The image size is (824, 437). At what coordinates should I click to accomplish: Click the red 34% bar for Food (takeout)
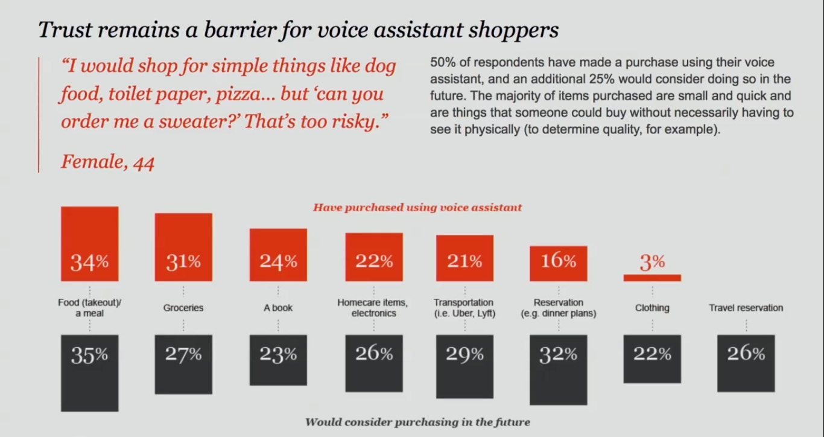(89, 244)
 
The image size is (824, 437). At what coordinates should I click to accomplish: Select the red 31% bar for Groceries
(183, 247)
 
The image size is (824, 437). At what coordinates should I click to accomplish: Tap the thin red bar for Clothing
(652, 278)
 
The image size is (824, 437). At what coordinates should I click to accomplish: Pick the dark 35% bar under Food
(89, 372)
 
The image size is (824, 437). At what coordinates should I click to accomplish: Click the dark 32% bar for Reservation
(558, 369)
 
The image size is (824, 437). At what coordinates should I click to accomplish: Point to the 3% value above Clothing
(652, 263)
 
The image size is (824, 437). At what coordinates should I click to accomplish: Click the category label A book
(278, 308)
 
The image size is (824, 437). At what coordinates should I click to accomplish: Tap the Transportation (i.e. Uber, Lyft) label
(464, 307)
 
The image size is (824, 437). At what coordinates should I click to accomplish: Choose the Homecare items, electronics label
(373, 307)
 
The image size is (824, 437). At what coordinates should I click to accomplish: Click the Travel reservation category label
(746, 308)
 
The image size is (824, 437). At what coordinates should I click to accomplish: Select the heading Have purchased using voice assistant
(417, 208)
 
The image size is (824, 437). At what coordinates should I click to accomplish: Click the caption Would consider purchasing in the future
(417, 422)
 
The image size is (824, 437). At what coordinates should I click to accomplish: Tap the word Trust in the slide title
(63, 30)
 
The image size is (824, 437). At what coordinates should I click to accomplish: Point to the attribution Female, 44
(107, 162)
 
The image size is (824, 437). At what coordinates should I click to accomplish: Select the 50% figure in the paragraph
(442, 63)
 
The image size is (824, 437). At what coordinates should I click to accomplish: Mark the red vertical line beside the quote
(39, 115)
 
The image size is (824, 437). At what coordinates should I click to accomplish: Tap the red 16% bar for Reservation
(558, 263)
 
